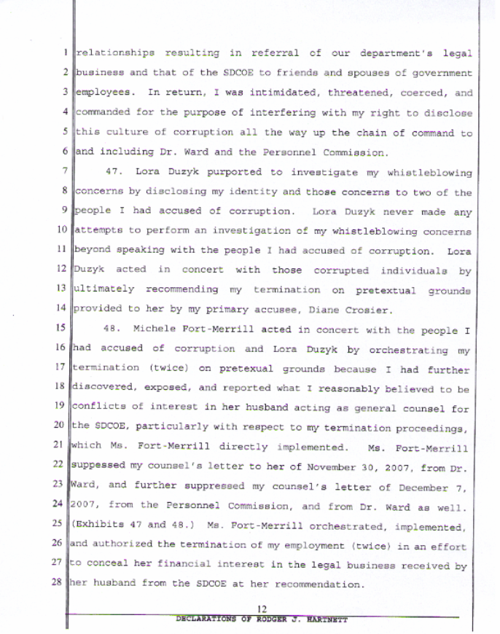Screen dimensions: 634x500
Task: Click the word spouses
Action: [327, 73]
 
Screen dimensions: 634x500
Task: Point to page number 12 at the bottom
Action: [265, 608]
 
